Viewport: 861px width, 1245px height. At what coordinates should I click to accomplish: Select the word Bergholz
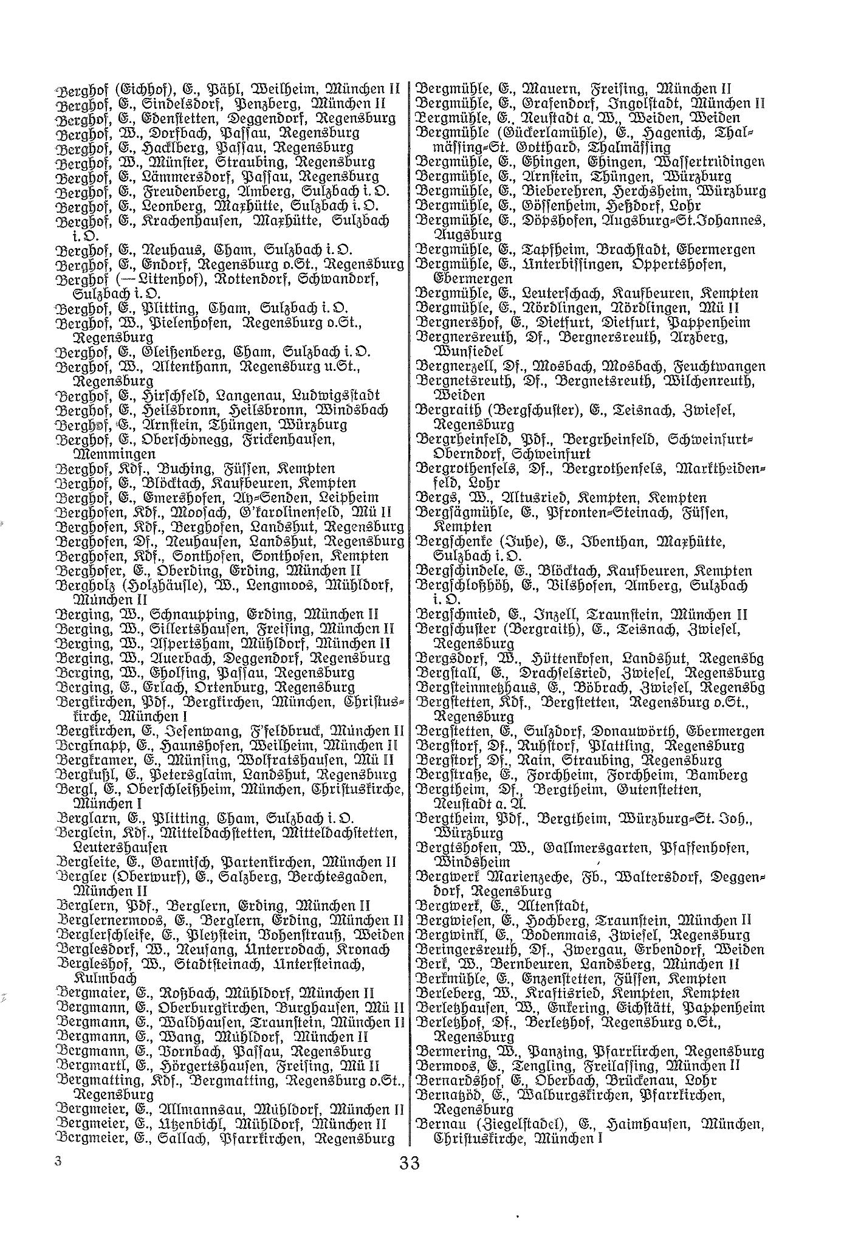(83, 586)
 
